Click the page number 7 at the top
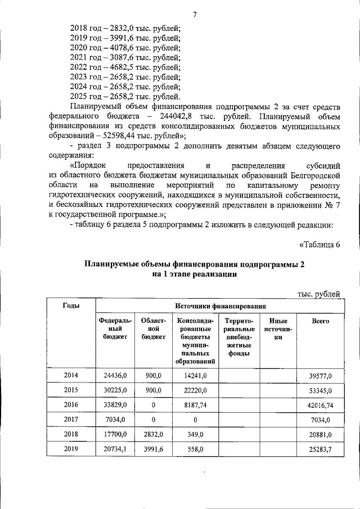[195, 13]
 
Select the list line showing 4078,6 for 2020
[125, 48]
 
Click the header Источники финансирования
[220, 306]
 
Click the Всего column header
[320, 321]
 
